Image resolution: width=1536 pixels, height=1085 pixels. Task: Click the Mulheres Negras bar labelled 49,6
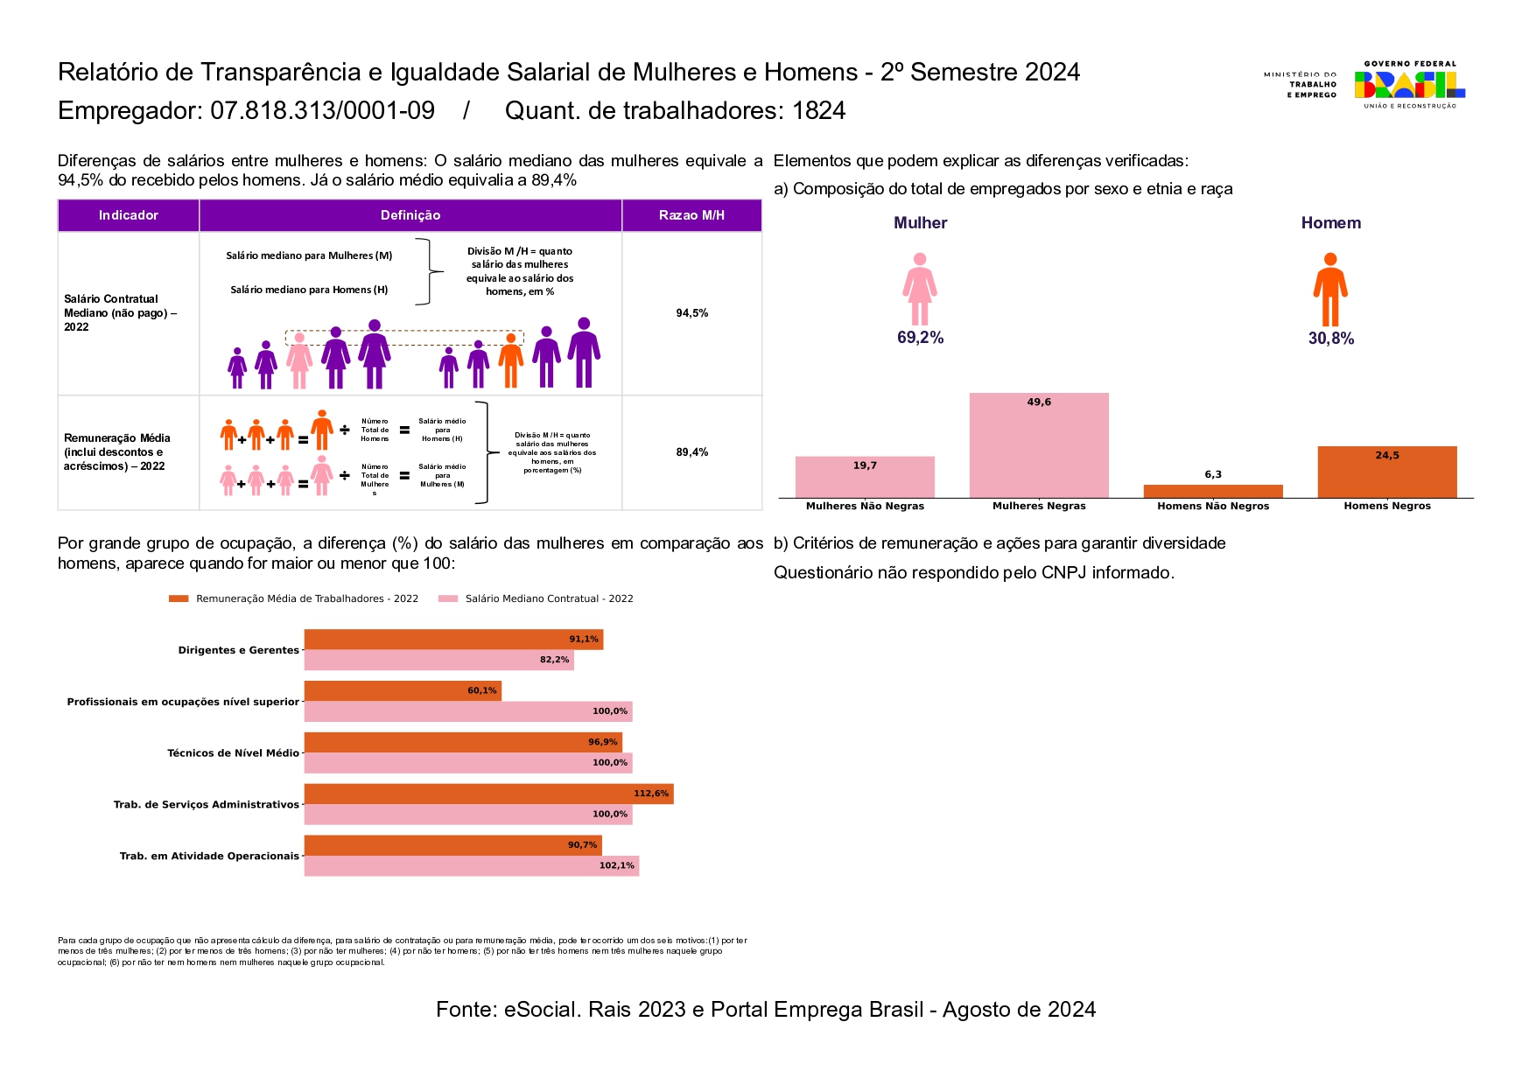click(1039, 445)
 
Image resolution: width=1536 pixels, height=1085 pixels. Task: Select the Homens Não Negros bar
click(1213, 491)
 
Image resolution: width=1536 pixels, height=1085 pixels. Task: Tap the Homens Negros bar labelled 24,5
click(1387, 472)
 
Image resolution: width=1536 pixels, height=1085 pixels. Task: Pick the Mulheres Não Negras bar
click(865, 477)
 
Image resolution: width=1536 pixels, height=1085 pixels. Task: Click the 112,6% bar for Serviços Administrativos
click(488, 794)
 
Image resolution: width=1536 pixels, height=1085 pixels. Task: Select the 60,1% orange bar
click(403, 690)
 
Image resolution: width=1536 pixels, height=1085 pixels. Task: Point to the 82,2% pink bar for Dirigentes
click(438, 660)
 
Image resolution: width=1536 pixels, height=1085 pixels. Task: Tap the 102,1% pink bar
click(471, 865)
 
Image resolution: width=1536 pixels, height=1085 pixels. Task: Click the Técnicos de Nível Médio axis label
click(233, 752)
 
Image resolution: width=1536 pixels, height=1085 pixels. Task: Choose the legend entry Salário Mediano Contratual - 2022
click(549, 598)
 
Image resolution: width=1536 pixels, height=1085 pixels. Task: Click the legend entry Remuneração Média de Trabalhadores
click(306, 598)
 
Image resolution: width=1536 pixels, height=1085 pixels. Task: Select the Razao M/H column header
click(691, 215)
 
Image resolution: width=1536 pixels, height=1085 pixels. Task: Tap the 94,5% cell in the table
click(691, 313)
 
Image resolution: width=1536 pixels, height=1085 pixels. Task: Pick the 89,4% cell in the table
click(691, 452)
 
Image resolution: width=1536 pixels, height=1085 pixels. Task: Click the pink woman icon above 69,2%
click(919, 289)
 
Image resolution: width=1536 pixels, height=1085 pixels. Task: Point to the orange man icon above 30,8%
click(1329, 289)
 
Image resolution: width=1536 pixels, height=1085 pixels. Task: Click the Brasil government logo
click(1409, 85)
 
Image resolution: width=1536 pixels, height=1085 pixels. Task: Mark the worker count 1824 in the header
click(818, 111)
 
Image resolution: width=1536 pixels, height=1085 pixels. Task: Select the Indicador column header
click(129, 215)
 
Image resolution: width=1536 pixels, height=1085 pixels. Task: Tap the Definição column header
click(410, 215)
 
